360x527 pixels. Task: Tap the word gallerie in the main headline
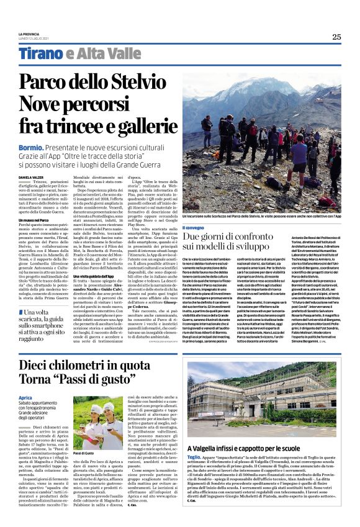point(140,126)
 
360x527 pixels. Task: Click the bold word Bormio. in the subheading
point(30,147)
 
